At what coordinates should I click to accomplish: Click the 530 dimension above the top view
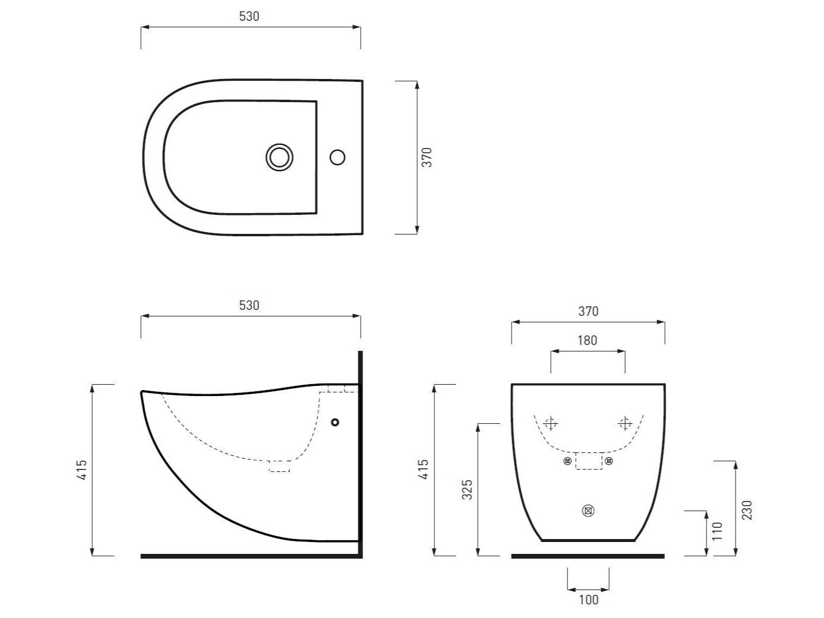pos(250,17)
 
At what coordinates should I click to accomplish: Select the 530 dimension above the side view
pos(250,306)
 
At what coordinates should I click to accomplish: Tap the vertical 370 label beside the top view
pos(427,157)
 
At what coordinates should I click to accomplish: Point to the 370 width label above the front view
pos(588,312)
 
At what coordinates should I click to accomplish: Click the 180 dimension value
pos(587,341)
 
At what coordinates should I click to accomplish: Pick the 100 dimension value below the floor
pos(588,600)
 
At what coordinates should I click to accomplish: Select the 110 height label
pos(717,530)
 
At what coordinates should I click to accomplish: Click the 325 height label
pos(468,489)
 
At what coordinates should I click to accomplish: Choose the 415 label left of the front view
pos(424,470)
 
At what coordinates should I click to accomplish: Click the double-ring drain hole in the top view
pos(279,157)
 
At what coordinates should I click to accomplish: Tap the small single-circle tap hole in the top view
pos(337,157)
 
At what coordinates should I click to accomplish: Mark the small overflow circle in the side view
pos(335,422)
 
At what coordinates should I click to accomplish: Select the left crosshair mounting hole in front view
pos(551,423)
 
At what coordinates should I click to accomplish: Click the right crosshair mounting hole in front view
pos(625,423)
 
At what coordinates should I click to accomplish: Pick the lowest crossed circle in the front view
pos(588,511)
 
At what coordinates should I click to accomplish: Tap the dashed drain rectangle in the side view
pos(279,466)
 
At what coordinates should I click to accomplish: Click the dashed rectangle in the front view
pos(588,461)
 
